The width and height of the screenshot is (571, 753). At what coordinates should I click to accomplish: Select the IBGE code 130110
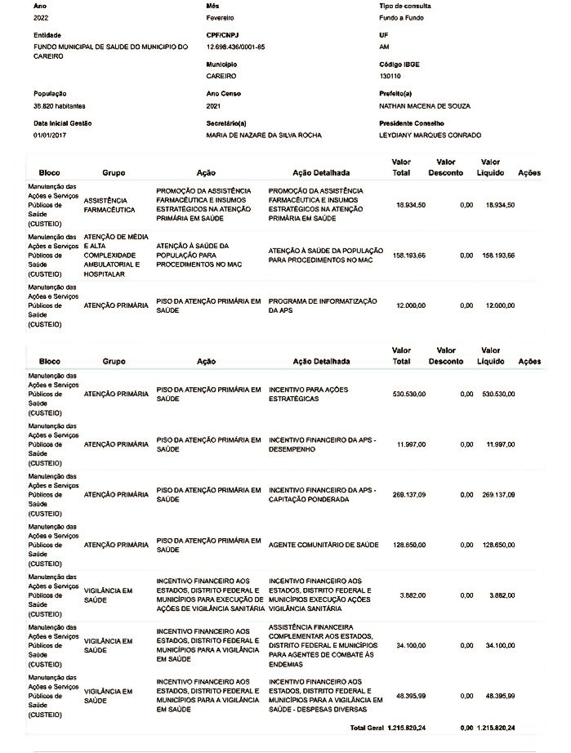390,75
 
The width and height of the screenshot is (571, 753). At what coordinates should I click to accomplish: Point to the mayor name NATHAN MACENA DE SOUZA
425,106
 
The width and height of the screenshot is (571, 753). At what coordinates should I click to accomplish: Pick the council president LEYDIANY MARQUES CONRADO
430,135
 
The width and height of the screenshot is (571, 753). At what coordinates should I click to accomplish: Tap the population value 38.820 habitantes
59,106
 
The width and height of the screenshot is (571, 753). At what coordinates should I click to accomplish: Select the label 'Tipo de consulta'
405,5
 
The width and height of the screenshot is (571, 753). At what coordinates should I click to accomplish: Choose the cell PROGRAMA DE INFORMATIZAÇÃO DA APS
323,305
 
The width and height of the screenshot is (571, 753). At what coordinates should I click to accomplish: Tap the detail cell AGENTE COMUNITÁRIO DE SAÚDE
323,544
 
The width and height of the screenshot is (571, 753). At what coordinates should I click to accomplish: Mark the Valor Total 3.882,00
413,595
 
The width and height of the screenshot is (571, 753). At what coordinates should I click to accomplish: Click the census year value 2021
214,106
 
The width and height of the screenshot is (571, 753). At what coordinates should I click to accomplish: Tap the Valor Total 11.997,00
410,444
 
